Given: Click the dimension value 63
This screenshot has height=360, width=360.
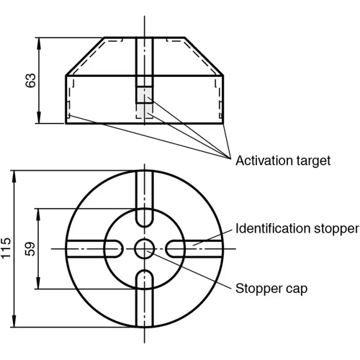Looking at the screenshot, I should click(30, 81).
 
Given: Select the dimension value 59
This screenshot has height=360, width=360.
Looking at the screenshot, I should click(30, 249).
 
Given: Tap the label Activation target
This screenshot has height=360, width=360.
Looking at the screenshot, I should click(283, 161).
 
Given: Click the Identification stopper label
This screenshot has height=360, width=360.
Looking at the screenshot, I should click(297, 229).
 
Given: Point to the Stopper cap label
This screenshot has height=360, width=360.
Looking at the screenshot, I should click(271, 289).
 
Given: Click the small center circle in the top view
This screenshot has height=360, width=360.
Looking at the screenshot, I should click(144, 249).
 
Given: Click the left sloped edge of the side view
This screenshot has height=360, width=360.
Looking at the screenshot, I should click(85, 56).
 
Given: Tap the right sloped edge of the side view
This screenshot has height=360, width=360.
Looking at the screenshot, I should click(204, 56).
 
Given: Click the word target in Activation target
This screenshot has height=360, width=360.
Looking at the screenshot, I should click(312, 161).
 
